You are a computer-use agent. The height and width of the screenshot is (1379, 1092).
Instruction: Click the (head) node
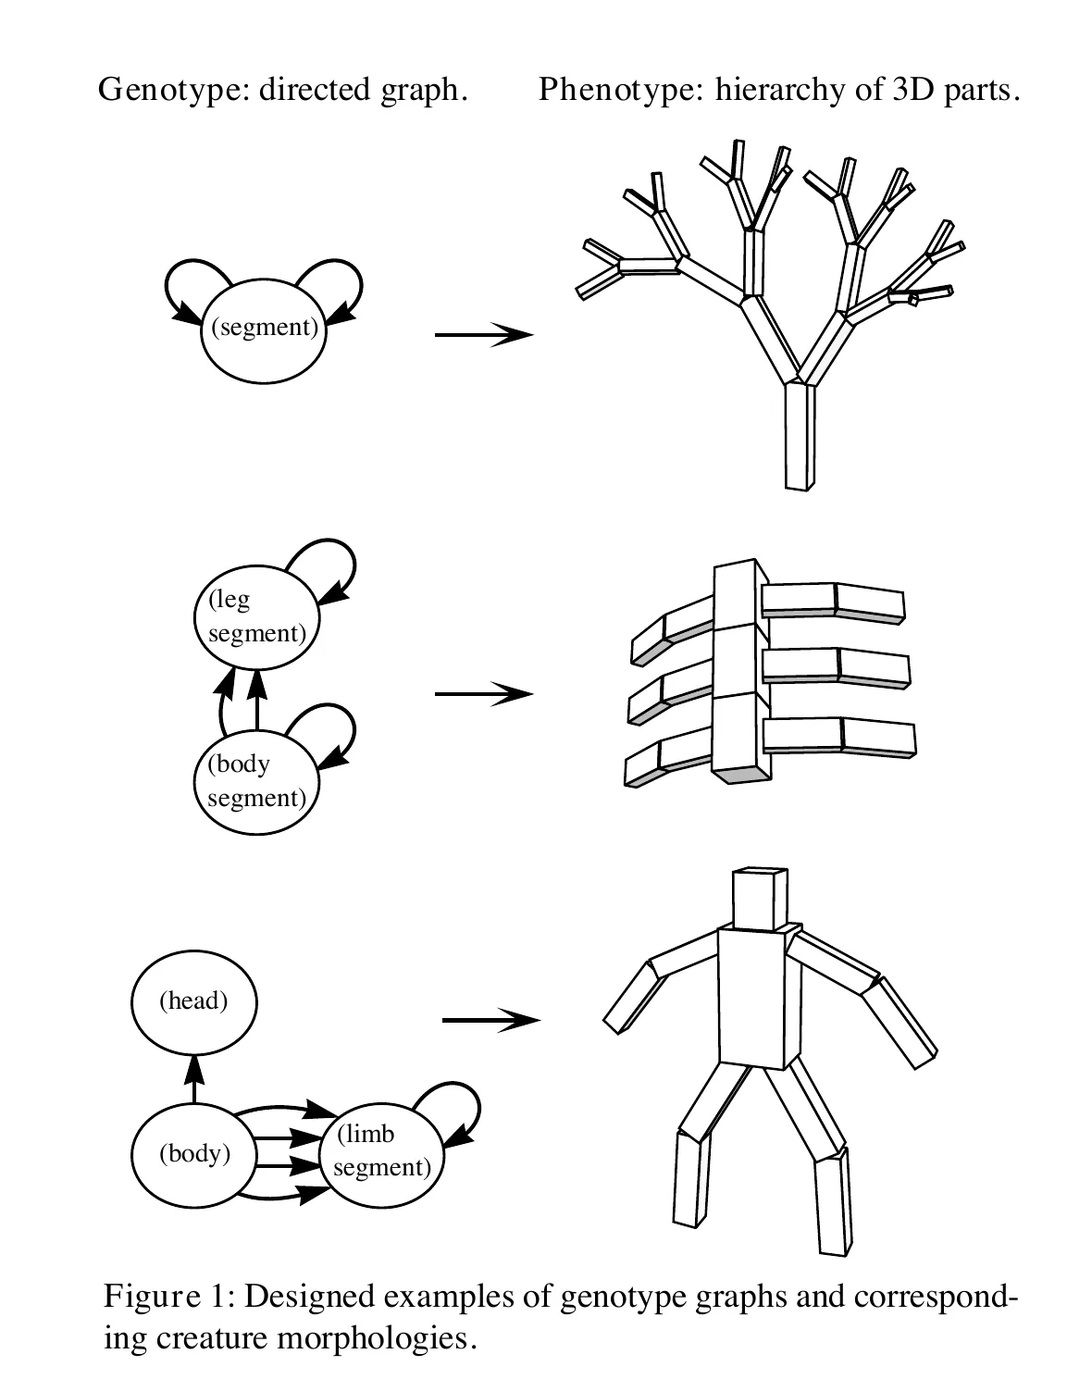(193, 1001)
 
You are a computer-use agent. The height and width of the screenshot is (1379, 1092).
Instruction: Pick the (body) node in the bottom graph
(193, 1154)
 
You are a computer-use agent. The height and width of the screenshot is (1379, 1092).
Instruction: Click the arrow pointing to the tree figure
(483, 334)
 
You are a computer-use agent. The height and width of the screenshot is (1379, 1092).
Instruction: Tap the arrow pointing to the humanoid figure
(490, 1020)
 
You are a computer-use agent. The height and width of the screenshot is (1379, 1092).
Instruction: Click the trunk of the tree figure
(799, 435)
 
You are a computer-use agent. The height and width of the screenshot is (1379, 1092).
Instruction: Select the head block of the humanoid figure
(759, 898)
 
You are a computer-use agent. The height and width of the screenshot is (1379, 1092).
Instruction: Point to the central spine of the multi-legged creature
(740, 671)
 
